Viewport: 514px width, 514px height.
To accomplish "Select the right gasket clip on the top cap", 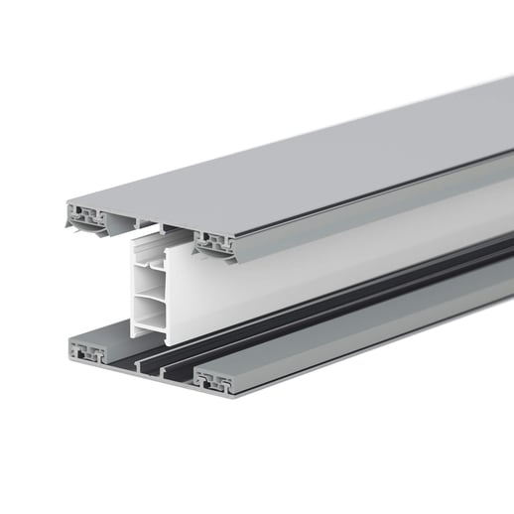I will tap(218, 239).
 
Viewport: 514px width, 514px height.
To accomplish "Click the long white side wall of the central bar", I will tap(298, 268).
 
